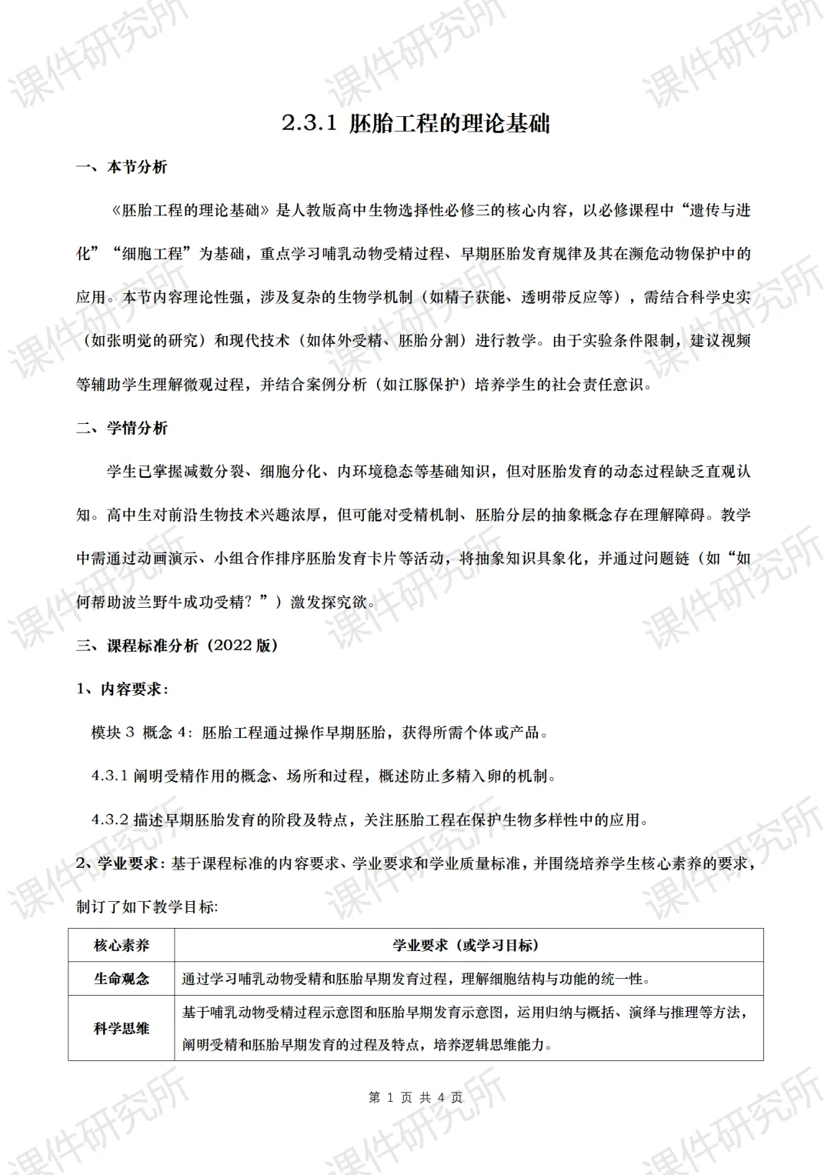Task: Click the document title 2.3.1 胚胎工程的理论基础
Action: coord(415,123)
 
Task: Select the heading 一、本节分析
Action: coord(121,167)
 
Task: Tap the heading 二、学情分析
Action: coord(121,428)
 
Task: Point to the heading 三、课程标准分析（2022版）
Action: coord(176,646)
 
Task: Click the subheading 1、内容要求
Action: coord(122,689)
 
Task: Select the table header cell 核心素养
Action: coord(122,945)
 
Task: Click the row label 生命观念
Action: coord(122,979)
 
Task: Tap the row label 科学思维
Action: coord(122,1028)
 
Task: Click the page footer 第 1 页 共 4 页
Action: coord(415,1097)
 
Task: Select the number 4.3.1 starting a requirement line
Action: coord(109,776)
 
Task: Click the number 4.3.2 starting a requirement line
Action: coord(109,820)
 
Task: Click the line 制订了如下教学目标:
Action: coord(147,906)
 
